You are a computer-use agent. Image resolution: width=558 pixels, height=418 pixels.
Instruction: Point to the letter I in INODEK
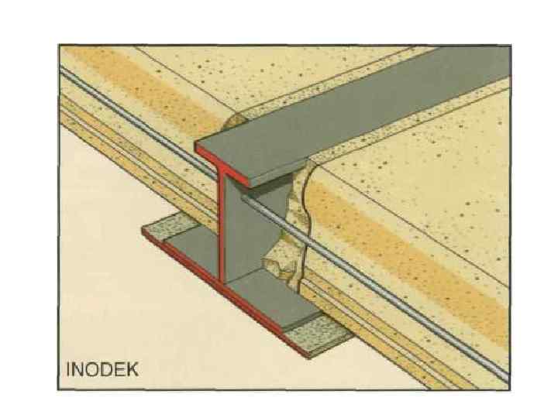pyautogui.click(x=70, y=369)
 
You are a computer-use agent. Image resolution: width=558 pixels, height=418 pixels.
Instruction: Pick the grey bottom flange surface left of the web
pyautogui.click(x=186, y=248)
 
